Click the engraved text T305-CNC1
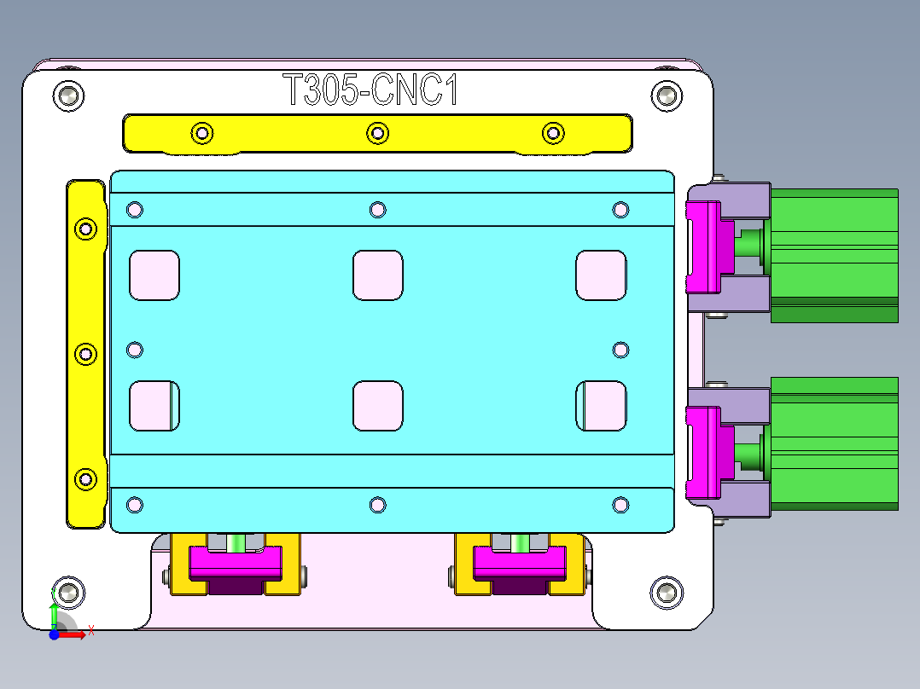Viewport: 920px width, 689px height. (370, 90)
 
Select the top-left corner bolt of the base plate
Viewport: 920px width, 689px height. (68, 96)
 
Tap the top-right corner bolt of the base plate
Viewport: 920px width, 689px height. (667, 96)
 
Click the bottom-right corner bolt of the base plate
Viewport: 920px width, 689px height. (667, 593)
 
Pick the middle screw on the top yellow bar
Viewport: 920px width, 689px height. (377, 133)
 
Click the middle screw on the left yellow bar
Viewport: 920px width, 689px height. (85, 354)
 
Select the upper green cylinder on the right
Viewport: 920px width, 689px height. (834, 254)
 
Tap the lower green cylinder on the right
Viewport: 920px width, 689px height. (834, 443)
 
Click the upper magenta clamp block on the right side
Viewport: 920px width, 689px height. (707, 244)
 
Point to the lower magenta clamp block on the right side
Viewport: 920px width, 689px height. (707, 452)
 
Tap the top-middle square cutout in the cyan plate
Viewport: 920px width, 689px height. (377, 275)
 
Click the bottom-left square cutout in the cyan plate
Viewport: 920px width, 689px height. (154, 405)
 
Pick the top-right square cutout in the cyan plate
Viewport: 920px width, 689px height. (601, 275)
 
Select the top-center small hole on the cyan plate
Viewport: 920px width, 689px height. (377, 209)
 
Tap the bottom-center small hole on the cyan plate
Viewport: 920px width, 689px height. (377, 505)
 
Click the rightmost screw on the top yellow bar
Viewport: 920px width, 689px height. (553, 133)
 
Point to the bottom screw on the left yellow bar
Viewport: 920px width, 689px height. (85, 479)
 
